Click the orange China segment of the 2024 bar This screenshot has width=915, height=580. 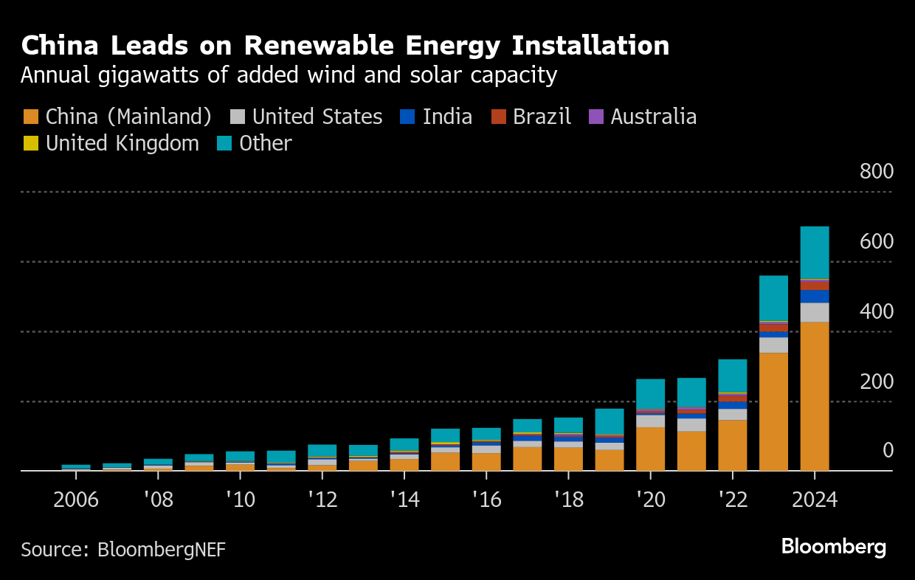coord(815,396)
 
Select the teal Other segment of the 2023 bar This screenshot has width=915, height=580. coord(773,298)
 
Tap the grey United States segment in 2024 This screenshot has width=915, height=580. coord(815,312)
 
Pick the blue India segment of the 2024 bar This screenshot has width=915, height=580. coord(815,296)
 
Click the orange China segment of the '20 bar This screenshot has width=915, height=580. coord(650,449)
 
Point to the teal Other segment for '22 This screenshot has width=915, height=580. coord(732,376)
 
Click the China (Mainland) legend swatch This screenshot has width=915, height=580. coord(30,117)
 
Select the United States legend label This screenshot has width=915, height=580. coord(317,117)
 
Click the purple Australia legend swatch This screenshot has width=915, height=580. coord(595,117)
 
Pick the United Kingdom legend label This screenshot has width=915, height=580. coord(122,143)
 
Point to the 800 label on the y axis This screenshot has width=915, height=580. coord(876,172)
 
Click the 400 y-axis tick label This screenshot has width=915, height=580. coord(876,311)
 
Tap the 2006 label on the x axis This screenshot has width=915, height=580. coord(76,500)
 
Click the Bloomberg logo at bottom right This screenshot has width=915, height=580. coord(833,547)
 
